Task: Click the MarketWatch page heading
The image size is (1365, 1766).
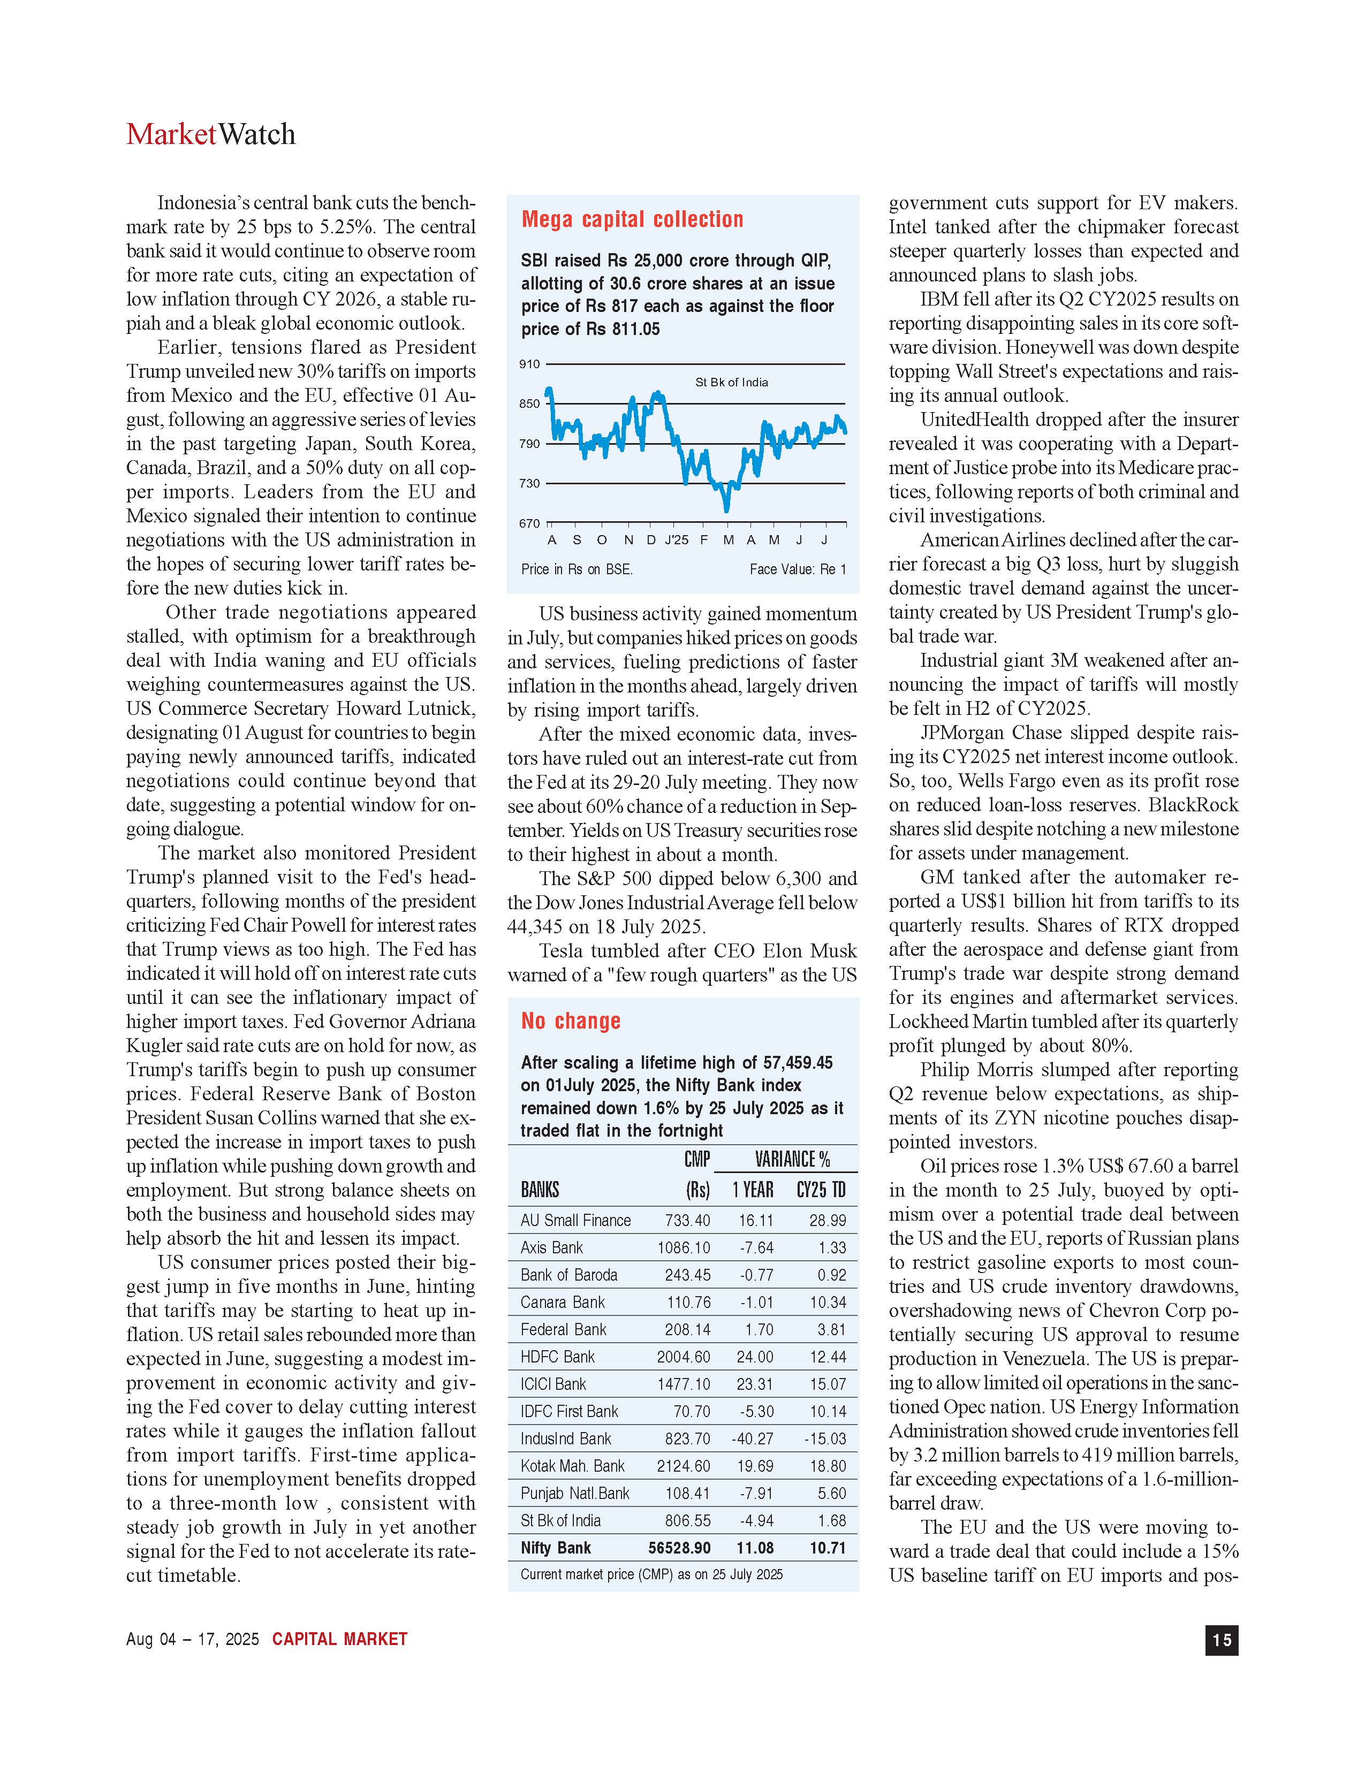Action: tap(210, 134)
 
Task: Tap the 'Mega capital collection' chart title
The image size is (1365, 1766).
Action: tap(632, 219)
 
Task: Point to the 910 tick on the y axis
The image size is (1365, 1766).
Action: tap(529, 364)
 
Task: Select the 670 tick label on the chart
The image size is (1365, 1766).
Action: tap(529, 523)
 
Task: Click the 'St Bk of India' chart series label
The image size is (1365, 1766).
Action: tap(731, 383)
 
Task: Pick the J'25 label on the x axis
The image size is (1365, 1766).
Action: tap(676, 540)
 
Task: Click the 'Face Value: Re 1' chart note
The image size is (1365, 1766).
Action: tap(798, 569)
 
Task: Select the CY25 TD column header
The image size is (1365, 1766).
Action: tap(821, 1190)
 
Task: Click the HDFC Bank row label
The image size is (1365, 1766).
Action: tap(557, 1357)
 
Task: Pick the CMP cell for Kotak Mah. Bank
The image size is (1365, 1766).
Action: tap(684, 1466)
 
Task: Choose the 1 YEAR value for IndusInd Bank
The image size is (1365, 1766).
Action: tap(752, 1438)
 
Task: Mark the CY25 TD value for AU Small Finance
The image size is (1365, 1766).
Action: tap(827, 1220)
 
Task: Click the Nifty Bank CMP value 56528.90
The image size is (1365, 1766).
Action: tap(679, 1548)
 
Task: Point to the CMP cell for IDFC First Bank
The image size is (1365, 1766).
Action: tap(692, 1411)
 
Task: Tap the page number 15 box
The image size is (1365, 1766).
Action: tap(1221, 1639)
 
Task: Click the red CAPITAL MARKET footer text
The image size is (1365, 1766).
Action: tap(339, 1639)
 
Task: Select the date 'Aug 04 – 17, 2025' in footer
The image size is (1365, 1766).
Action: tap(193, 1639)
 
